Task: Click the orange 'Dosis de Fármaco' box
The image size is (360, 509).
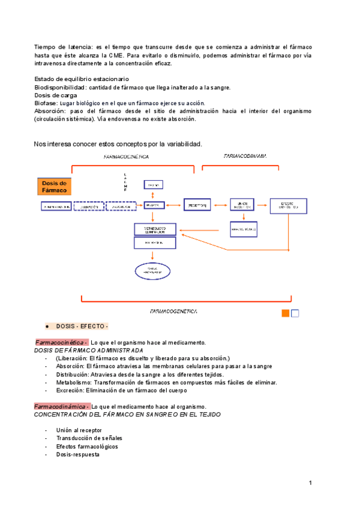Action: pyautogui.click(x=54, y=186)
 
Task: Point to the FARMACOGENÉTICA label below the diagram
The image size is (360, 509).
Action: pyautogui.click(x=174, y=312)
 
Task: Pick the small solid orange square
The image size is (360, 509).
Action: pyautogui.click(x=286, y=313)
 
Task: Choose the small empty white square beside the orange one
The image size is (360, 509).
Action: pyautogui.click(x=295, y=313)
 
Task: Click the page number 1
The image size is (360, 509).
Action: pyautogui.click(x=311, y=483)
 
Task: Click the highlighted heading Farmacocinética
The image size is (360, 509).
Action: pyautogui.click(x=62, y=342)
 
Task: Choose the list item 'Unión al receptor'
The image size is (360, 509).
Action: pyautogui.click(x=79, y=430)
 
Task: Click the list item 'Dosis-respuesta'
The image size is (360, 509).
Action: pyautogui.click(x=78, y=454)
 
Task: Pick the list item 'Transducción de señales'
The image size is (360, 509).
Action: pyautogui.click(x=90, y=438)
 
